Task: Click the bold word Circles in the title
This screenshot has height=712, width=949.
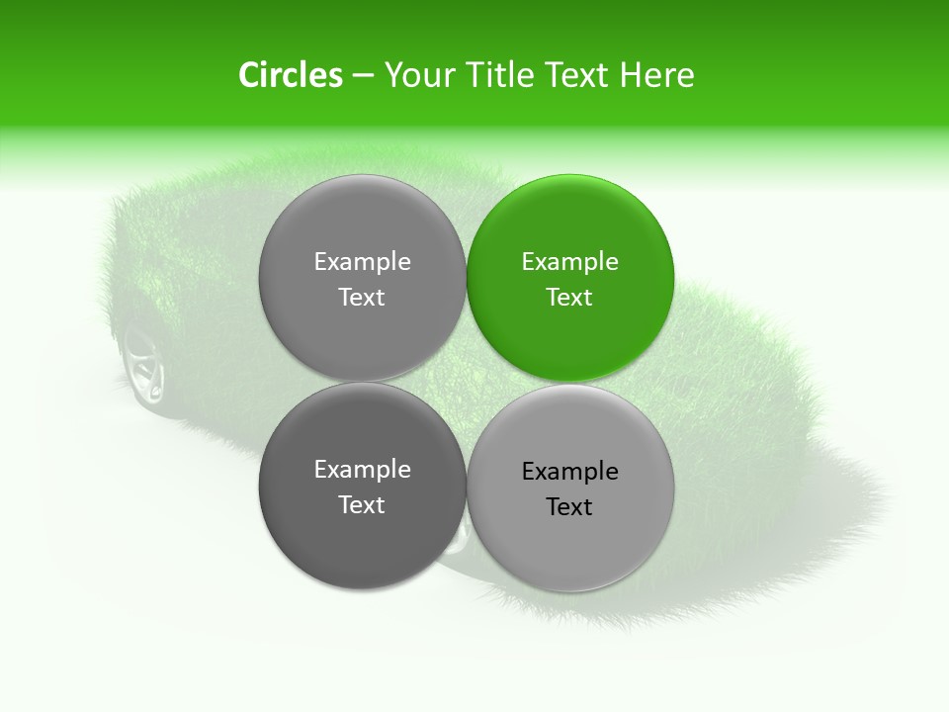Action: click(x=290, y=75)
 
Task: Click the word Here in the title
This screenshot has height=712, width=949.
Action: click(x=657, y=75)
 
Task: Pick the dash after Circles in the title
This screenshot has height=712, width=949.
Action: click(x=362, y=76)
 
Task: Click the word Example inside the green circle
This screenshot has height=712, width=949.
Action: click(x=570, y=261)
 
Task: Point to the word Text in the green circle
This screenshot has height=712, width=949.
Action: click(x=569, y=297)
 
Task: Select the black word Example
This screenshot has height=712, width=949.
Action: click(x=570, y=471)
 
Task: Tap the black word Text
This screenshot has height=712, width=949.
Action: click(x=569, y=506)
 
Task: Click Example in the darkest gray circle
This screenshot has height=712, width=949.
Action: click(x=362, y=469)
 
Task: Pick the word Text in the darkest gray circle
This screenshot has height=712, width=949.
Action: click(x=362, y=504)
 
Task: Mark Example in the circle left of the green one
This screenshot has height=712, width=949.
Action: click(x=362, y=261)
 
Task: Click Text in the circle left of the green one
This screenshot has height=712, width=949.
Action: click(x=362, y=297)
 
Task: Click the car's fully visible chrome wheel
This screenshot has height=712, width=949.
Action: click(x=143, y=366)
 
